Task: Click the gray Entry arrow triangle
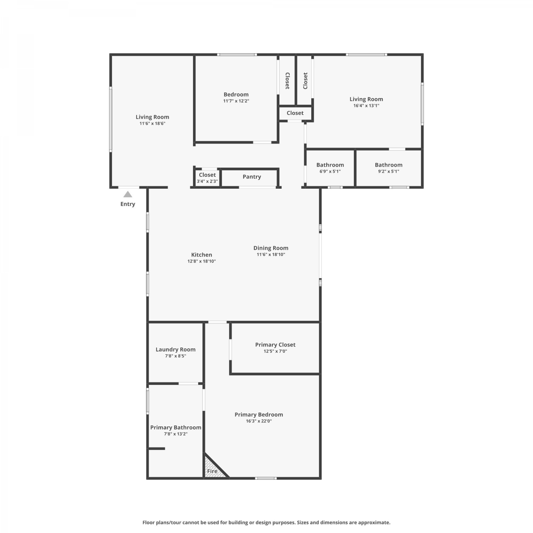[x=128, y=194]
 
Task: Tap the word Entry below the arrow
[x=128, y=204]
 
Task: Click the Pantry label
[x=252, y=177]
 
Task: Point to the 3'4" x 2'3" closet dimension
[x=208, y=181]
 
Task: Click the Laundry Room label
[x=176, y=349]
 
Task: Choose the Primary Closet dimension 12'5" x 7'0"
[x=275, y=351]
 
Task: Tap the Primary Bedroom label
[x=259, y=415]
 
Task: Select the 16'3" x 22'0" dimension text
[x=259, y=421]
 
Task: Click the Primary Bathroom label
[x=176, y=427]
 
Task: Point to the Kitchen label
[x=201, y=255]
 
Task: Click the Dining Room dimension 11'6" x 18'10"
[x=271, y=254]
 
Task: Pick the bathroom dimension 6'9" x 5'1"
[x=330, y=171]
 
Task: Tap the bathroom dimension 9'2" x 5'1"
[x=389, y=171]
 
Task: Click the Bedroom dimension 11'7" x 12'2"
[x=236, y=101]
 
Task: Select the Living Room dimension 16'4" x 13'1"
[x=366, y=106]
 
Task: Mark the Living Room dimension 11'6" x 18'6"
[x=152, y=124]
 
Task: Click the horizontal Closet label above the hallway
[x=295, y=113]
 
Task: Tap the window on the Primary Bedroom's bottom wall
[x=266, y=478]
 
